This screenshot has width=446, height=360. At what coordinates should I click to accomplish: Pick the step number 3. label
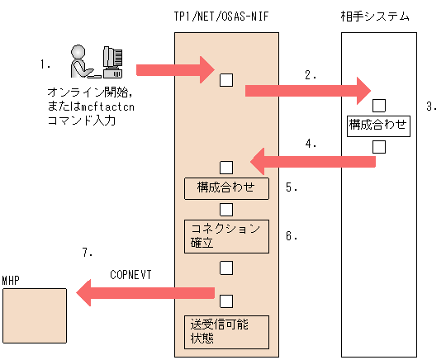coord(430,107)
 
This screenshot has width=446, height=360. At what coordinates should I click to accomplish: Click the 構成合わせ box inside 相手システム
coord(379,126)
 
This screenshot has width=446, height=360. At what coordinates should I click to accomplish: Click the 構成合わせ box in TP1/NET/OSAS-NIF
coord(226,187)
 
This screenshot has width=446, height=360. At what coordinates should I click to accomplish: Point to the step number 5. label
coord(292,187)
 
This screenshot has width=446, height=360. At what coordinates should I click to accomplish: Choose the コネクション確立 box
coord(226,235)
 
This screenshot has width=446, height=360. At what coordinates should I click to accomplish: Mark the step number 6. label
coord(292,235)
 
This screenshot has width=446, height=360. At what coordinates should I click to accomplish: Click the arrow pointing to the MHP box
coord(145,291)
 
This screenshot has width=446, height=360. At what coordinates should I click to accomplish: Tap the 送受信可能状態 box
coord(226,329)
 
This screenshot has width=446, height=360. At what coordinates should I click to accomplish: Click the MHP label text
coord(11,281)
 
